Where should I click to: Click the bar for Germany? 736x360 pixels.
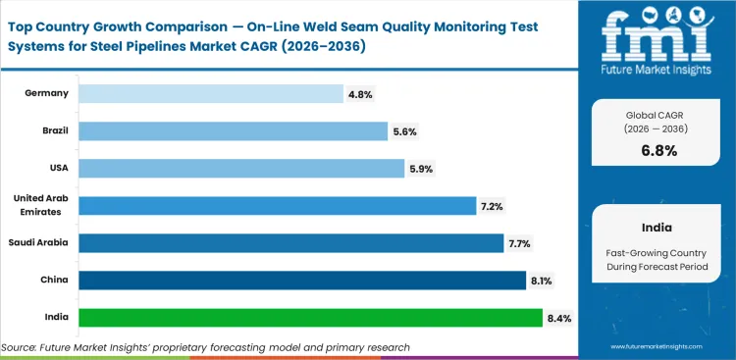[x=210, y=93]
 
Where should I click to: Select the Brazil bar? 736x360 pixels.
[x=233, y=130]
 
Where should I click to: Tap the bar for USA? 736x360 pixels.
[x=241, y=168]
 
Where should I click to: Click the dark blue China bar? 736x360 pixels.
[x=301, y=281]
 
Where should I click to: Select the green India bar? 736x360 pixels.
[x=310, y=318]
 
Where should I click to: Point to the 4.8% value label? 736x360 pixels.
[x=358, y=94]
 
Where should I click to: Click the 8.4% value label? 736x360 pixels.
[x=558, y=318]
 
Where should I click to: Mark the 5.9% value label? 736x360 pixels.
[x=419, y=169]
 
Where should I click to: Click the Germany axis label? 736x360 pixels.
[x=46, y=93]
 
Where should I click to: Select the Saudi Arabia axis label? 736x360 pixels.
[x=39, y=242]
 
